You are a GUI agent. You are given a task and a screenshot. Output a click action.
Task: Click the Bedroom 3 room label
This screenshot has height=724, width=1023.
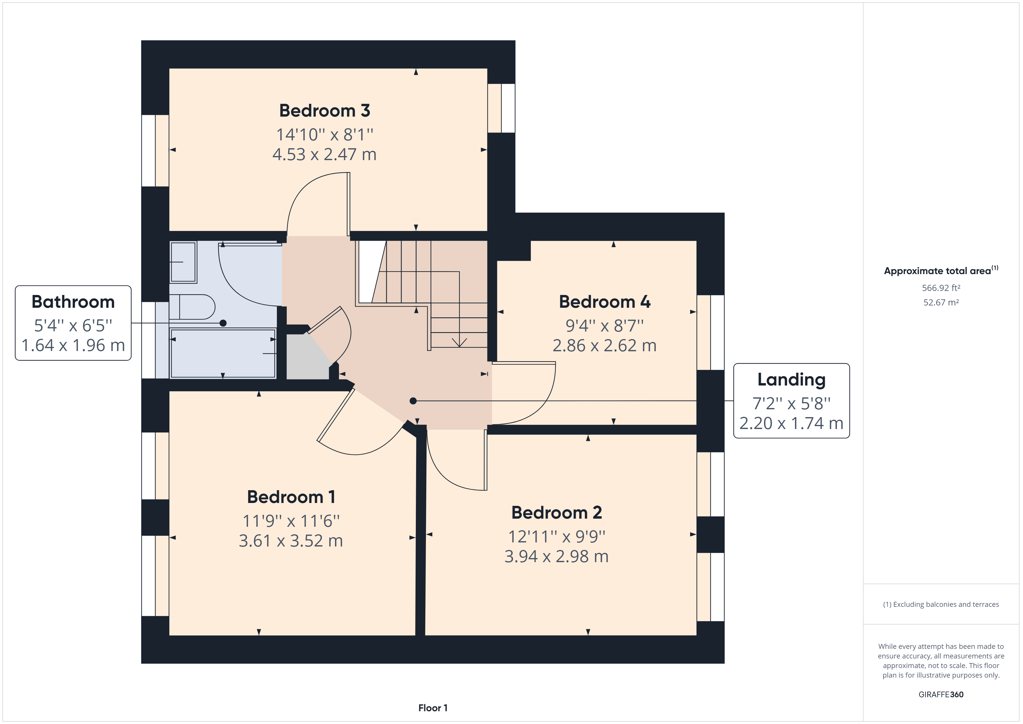click(x=324, y=111)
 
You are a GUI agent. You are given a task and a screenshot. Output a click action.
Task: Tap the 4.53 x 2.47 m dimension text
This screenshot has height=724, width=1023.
click(x=324, y=154)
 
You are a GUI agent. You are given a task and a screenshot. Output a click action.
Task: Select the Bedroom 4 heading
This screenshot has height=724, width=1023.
click(x=605, y=302)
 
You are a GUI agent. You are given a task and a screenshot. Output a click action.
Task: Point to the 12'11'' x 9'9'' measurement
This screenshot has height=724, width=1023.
click(x=556, y=536)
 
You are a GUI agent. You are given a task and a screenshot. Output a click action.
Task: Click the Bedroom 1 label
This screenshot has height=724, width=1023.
click(x=291, y=497)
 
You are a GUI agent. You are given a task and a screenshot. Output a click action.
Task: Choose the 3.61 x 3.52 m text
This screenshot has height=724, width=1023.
click(x=291, y=541)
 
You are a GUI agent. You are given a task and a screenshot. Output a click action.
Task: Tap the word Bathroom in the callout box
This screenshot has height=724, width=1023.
click(x=73, y=302)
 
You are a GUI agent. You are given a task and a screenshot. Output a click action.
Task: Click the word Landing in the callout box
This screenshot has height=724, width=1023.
click(x=791, y=379)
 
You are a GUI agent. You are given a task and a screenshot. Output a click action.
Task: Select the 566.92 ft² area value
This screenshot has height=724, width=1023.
click(x=941, y=288)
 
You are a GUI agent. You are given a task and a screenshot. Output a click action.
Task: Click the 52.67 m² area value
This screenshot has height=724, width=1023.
click(x=941, y=302)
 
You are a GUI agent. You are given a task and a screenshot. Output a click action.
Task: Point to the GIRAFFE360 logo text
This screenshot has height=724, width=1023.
click(x=941, y=694)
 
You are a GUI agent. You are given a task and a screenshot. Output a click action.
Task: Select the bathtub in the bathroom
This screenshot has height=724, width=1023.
click(x=223, y=353)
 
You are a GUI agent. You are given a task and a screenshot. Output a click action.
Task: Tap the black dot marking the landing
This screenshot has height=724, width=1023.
click(x=413, y=401)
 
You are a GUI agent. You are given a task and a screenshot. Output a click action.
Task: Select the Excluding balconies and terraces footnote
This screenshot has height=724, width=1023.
click(x=941, y=604)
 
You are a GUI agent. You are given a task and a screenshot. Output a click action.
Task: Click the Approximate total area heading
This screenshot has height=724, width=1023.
click(x=941, y=271)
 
